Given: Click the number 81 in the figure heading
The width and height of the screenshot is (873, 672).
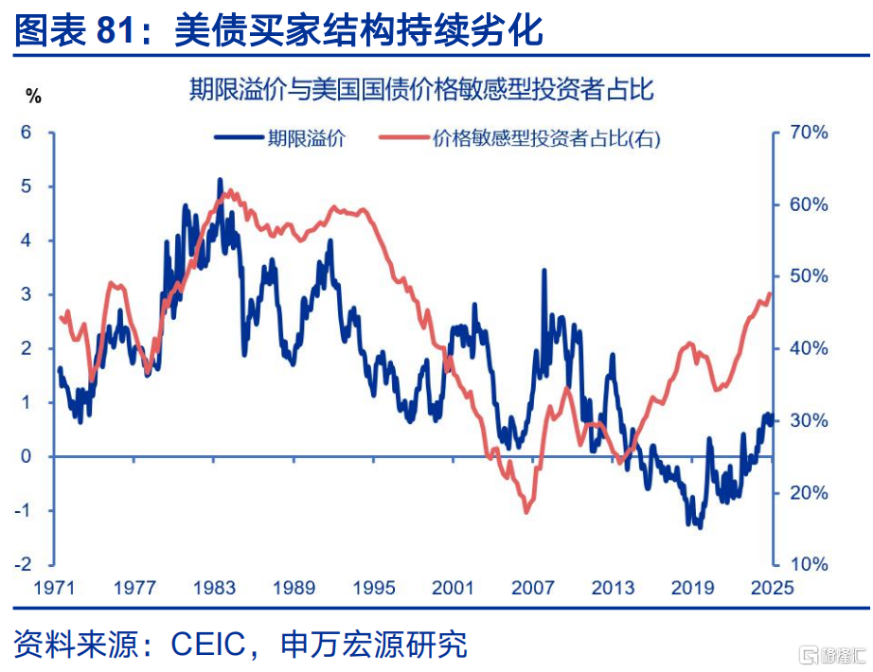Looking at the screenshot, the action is pyautogui.click(x=116, y=29).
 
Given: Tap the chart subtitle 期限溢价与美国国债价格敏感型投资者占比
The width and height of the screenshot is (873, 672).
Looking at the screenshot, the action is pyautogui.click(x=421, y=89).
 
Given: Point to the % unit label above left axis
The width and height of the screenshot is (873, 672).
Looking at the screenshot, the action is pyautogui.click(x=33, y=97).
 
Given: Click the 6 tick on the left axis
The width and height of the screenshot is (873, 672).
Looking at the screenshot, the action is pyautogui.click(x=27, y=133).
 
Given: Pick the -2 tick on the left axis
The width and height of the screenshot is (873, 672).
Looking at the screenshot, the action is pyautogui.click(x=24, y=564).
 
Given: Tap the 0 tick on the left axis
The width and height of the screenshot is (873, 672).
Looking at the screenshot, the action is pyautogui.click(x=27, y=456).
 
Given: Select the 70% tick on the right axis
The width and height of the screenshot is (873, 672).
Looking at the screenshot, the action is pyautogui.click(x=809, y=133).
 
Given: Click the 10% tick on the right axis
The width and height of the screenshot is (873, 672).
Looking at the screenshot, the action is pyautogui.click(x=809, y=564).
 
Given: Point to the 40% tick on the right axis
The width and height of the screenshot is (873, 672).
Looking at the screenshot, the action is pyautogui.click(x=809, y=348).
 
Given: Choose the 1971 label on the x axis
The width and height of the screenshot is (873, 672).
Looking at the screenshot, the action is pyautogui.click(x=54, y=588).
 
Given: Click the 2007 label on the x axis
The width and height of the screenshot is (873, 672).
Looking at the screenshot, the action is pyautogui.click(x=533, y=588).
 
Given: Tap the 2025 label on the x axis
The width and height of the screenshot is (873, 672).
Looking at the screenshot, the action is pyautogui.click(x=773, y=588).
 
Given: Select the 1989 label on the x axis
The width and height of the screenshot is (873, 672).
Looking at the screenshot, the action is pyautogui.click(x=294, y=588).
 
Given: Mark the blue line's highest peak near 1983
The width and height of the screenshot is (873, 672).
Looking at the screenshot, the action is pyautogui.click(x=220, y=180).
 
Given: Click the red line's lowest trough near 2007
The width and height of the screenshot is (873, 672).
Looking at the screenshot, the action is pyautogui.click(x=526, y=511).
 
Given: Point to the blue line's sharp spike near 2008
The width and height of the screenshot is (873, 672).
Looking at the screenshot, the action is pyautogui.click(x=543, y=271).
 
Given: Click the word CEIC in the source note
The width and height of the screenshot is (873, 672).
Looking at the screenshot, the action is pyautogui.click(x=207, y=645).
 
